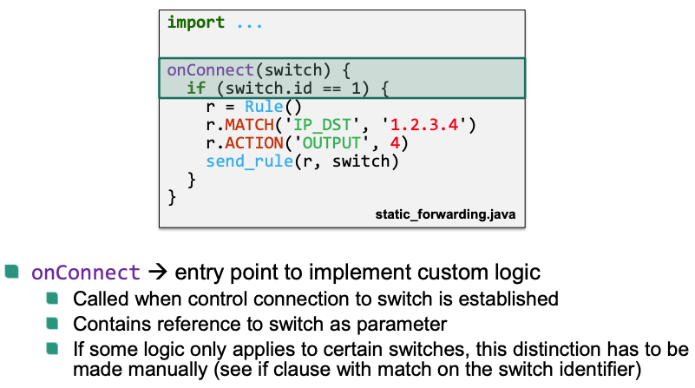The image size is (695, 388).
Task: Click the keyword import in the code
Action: click(x=196, y=23)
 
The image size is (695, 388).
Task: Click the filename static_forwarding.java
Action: click(x=446, y=213)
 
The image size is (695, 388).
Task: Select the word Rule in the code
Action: click(x=264, y=108)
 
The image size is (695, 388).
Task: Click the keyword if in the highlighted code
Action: click(x=195, y=89)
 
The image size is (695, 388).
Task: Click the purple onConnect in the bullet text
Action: click(x=85, y=273)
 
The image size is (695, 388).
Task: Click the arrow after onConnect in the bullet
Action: click(x=157, y=273)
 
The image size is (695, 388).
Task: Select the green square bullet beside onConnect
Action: click(x=12, y=272)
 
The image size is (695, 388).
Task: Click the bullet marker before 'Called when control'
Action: click(x=54, y=299)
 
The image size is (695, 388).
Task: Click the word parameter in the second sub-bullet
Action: click(x=410, y=325)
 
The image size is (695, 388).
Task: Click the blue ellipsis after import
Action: click(x=250, y=23)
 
